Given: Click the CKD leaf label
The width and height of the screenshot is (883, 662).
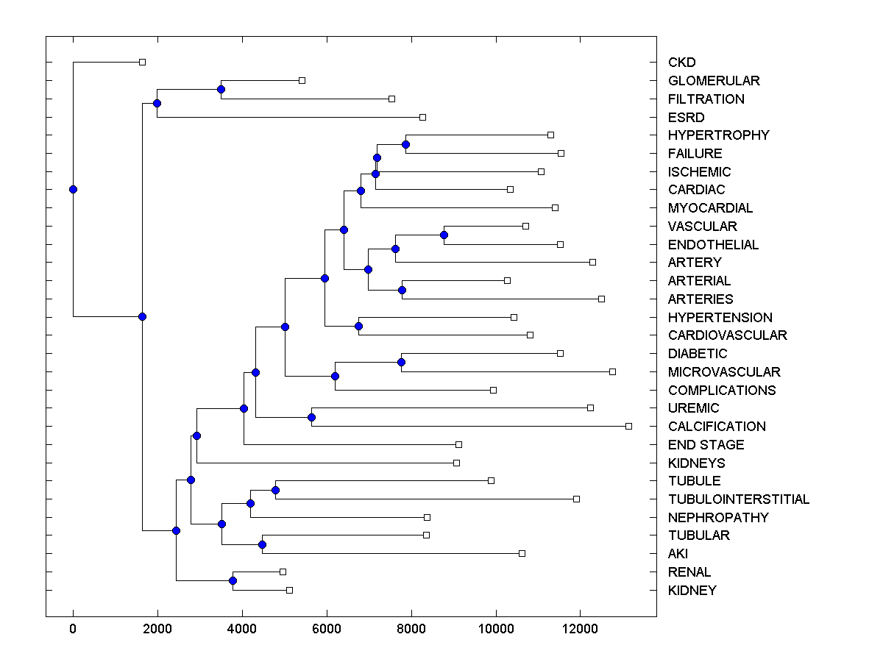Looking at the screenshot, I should pos(681,63).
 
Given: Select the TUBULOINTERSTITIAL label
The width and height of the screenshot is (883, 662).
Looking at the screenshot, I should pos(739,499).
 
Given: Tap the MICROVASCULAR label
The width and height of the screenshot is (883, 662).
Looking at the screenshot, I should pos(724,372).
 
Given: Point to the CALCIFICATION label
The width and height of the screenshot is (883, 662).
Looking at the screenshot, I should pos(717,427).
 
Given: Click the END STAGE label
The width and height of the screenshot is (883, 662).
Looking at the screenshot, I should pos(706,445).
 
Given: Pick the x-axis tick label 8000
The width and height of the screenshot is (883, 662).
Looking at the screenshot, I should pos(411,627).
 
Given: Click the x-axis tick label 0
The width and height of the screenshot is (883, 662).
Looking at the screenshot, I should pos(73,627).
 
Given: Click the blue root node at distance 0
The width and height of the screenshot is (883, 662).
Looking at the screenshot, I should pos(73,189).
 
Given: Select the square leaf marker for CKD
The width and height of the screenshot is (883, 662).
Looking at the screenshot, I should pos(143,62).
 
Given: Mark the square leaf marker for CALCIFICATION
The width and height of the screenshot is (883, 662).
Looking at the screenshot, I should pos(628,426).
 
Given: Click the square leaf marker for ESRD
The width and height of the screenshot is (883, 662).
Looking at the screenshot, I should pos(422,117).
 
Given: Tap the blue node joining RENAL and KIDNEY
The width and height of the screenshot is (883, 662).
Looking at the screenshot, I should pos(233,581).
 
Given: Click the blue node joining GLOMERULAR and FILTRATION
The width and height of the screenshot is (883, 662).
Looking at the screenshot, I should pos(221,89).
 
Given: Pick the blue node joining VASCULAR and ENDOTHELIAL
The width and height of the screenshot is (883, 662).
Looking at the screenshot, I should pos(444,235).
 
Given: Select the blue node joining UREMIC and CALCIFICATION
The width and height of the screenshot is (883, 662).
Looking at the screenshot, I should pos(311,417).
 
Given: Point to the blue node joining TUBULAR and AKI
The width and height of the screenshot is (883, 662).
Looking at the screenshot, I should pos(262,544).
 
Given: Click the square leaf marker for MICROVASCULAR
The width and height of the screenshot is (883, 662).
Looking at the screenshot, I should pos(612,371).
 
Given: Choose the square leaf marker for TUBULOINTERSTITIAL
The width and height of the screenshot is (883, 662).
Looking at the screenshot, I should pos(576,499).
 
